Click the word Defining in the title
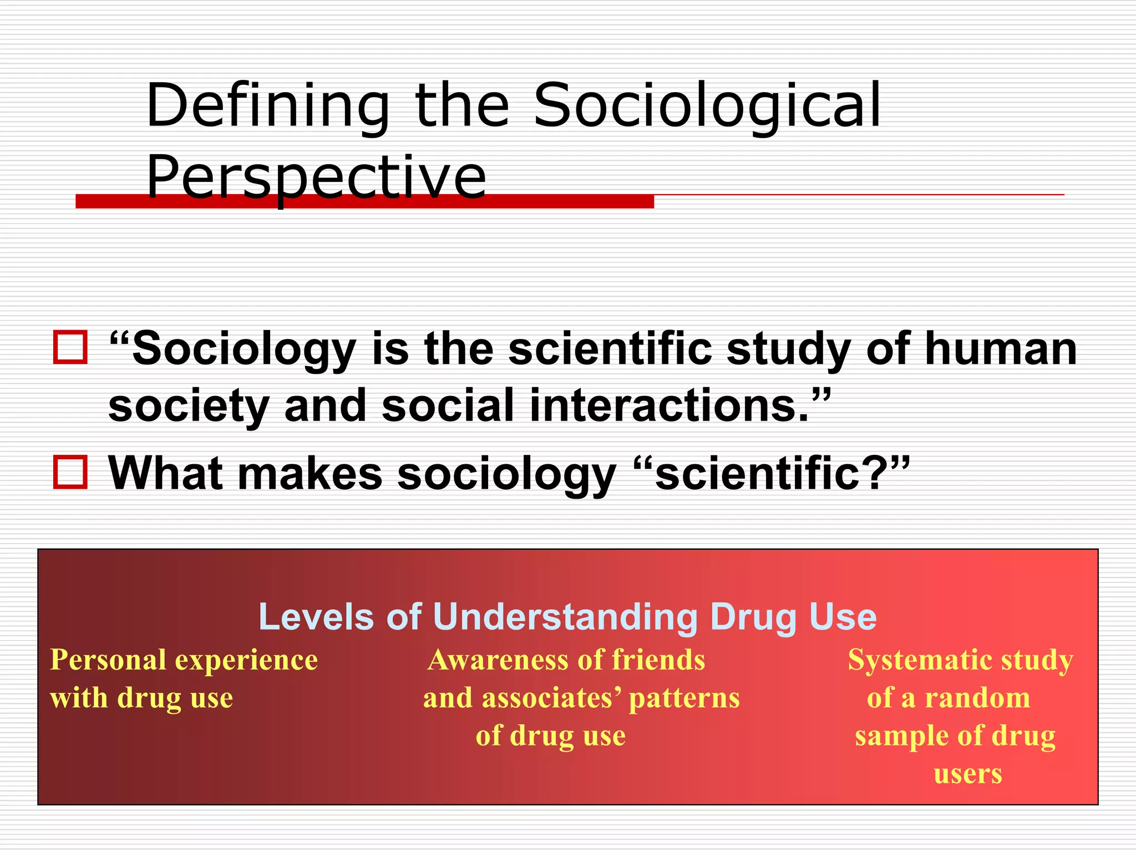[x=268, y=105]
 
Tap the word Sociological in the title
[x=707, y=105]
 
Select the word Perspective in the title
[x=316, y=177]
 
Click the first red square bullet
[x=70, y=348]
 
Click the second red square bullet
[x=70, y=473]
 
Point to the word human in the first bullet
[x=1001, y=349]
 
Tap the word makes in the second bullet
[x=310, y=474]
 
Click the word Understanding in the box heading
[x=565, y=617]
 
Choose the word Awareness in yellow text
[x=498, y=660]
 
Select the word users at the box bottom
[x=968, y=773]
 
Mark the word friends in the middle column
[x=658, y=660]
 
